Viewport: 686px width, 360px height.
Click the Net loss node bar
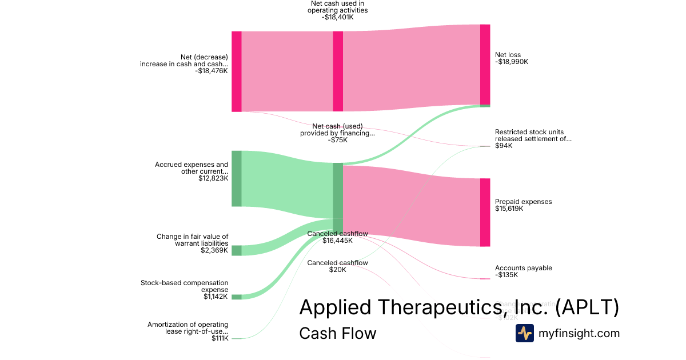(x=485, y=64)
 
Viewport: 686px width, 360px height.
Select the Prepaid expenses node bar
(x=485, y=212)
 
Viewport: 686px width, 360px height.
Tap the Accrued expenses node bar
(x=236, y=178)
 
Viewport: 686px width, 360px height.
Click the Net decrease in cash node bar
(x=236, y=71)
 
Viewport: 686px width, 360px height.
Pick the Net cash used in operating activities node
(x=338, y=71)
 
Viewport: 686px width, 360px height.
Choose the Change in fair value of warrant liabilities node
(x=236, y=250)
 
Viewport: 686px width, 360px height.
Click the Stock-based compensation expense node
(x=236, y=297)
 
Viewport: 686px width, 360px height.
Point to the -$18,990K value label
(x=512, y=62)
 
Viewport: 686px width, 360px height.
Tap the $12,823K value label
(x=213, y=178)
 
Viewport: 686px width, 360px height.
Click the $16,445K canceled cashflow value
(x=337, y=241)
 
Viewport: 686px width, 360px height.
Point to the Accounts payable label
(x=523, y=268)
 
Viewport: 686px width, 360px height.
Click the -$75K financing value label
(x=337, y=140)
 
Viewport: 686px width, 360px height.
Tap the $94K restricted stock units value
(x=504, y=146)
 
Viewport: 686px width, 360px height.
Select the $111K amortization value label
(x=220, y=338)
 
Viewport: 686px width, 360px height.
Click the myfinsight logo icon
(x=524, y=333)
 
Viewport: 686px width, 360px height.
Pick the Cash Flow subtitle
(x=337, y=333)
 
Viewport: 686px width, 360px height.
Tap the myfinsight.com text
(x=579, y=333)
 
